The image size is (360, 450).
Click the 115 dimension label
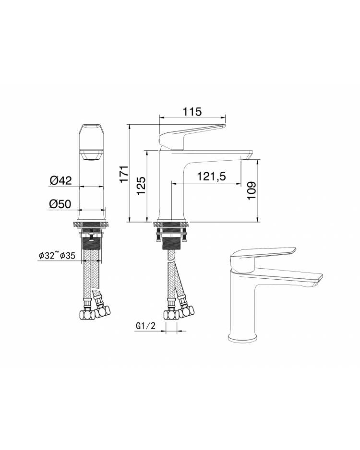coord(192,111)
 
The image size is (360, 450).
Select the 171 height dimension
coord(124,174)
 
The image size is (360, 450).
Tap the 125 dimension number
coord(141,186)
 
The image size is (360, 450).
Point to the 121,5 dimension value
coord(211,176)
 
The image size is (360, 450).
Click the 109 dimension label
coord(252,190)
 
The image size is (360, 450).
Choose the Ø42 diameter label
coord(60,180)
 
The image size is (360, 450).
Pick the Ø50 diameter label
coord(60,204)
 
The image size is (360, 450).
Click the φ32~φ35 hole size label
coord(57,255)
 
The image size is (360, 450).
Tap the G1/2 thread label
coord(145,326)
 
